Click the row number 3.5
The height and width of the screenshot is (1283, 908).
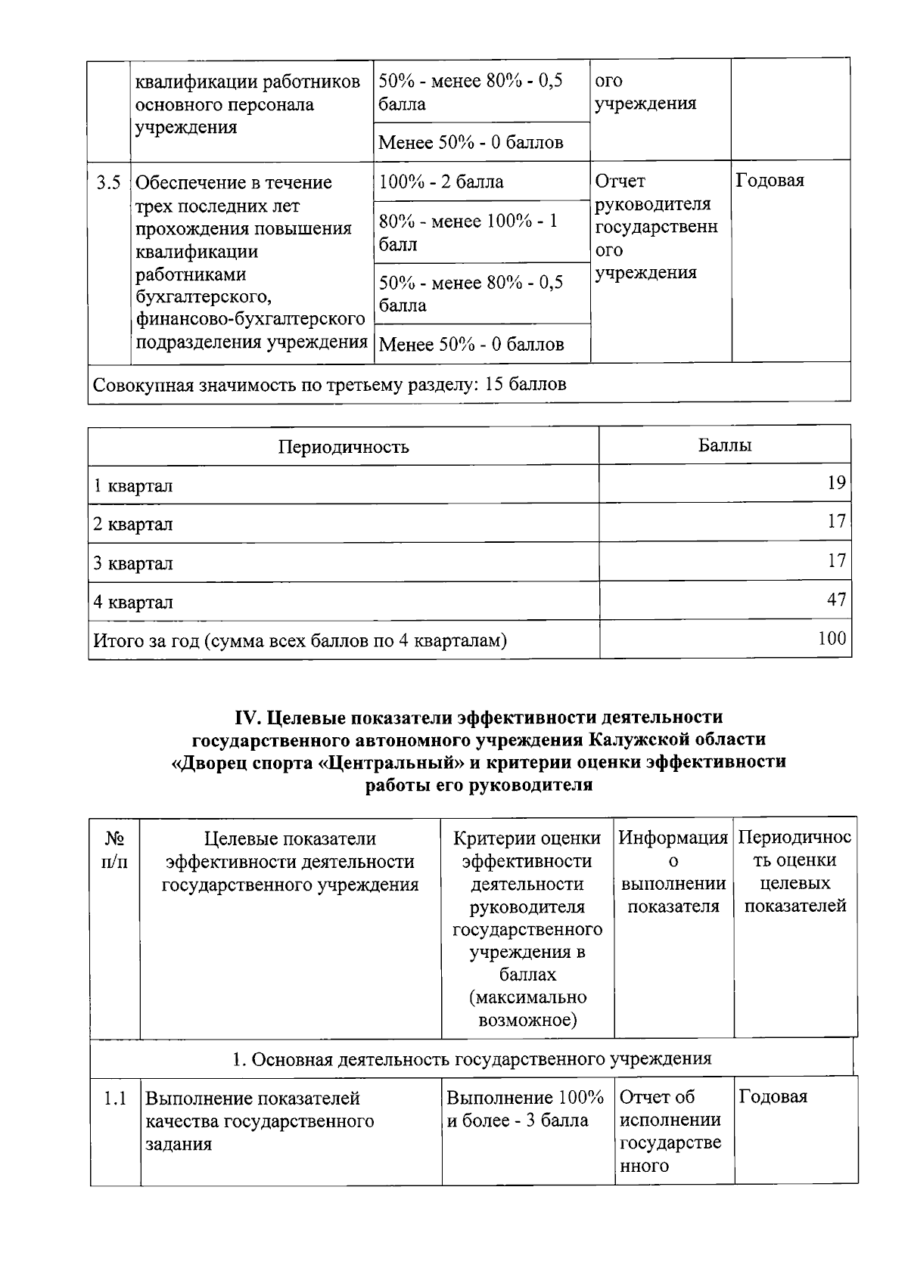coord(108,182)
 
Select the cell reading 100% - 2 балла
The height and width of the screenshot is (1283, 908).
coord(441,181)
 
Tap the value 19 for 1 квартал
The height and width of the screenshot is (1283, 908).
coord(836,482)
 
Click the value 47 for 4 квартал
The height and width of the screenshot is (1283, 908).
coord(836,600)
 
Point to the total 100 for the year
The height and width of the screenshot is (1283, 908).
coord(832,638)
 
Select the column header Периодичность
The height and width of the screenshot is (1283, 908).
coord(344,446)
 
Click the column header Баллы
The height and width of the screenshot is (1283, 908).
coord(724,445)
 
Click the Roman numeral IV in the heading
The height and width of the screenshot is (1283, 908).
coord(249,716)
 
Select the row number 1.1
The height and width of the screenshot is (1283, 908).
coord(115,1098)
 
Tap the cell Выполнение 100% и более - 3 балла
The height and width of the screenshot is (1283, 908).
coord(524,1108)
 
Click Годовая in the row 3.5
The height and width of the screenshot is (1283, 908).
coord(770,181)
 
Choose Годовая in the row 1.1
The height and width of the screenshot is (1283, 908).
coord(773,1096)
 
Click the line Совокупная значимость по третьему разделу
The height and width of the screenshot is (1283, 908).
coord(329,384)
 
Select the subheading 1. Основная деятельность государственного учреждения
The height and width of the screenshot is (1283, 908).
coord(471,1058)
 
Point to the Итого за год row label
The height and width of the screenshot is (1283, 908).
coord(300,640)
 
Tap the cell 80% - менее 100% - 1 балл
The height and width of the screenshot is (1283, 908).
coord(468,232)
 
